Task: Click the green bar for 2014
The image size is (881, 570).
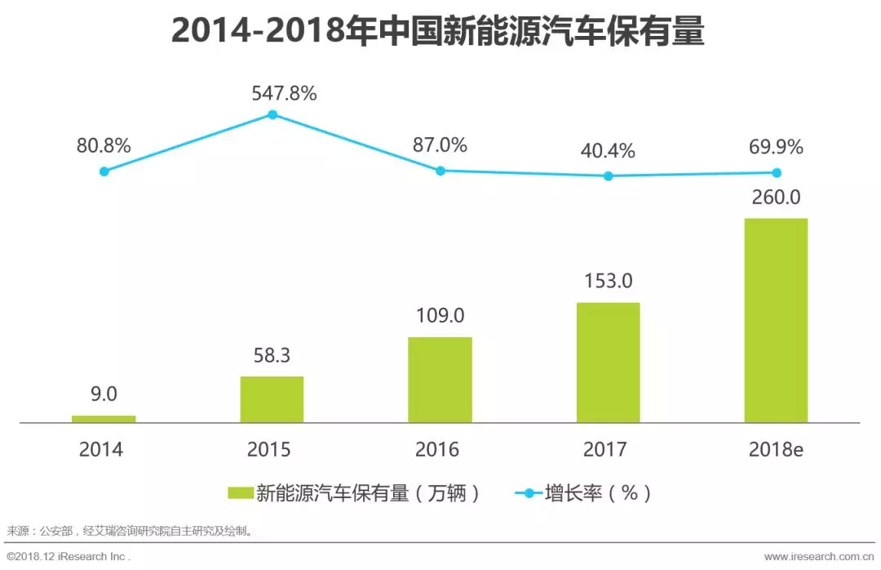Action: (x=104, y=419)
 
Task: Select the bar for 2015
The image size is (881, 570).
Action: (x=272, y=399)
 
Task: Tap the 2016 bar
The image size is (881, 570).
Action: (x=440, y=380)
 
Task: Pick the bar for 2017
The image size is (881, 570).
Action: (x=608, y=363)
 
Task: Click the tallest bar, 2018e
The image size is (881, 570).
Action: (x=776, y=320)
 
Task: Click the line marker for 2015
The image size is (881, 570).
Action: (x=272, y=114)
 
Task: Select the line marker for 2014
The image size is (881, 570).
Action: (x=104, y=171)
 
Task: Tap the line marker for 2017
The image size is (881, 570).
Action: (x=609, y=176)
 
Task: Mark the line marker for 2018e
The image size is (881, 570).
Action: (x=777, y=172)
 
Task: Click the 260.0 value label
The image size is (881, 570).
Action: (x=776, y=197)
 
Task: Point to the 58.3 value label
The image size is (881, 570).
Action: (x=272, y=356)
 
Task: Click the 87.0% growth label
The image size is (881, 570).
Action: (x=440, y=145)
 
